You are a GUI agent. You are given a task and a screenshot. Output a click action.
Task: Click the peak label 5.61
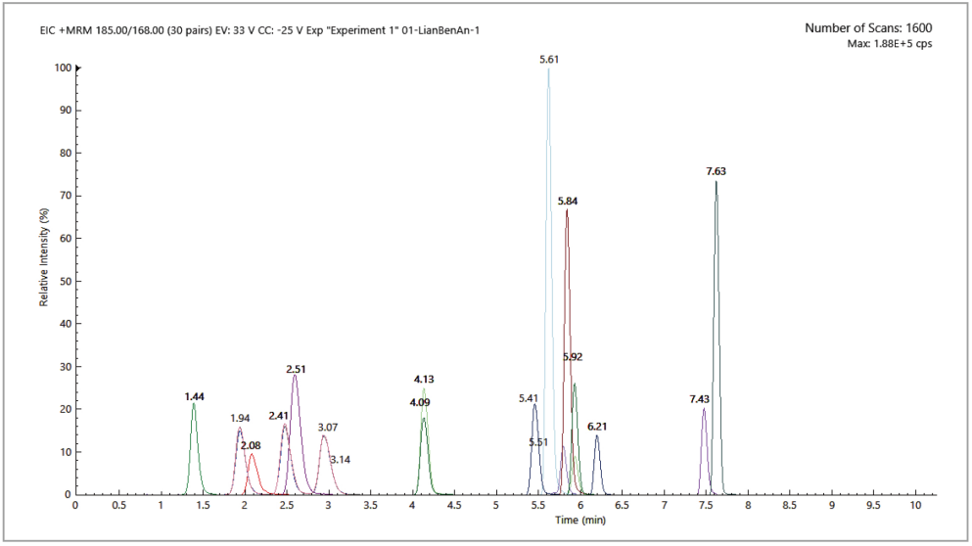click(548, 60)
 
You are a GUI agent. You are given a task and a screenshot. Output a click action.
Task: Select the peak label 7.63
click(717, 172)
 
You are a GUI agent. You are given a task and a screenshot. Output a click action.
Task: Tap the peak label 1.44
click(194, 397)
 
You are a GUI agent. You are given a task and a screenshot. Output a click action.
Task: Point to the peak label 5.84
click(568, 202)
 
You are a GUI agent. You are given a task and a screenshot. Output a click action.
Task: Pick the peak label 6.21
click(597, 428)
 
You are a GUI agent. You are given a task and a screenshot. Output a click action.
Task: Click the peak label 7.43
click(700, 399)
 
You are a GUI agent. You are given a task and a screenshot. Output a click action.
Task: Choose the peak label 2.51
click(297, 369)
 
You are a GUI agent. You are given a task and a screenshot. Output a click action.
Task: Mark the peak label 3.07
click(328, 428)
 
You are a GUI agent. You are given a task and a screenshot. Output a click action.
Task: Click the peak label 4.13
click(424, 379)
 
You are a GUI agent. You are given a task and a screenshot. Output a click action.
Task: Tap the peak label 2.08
click(251, 446)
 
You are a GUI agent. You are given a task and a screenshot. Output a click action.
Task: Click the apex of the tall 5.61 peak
click(549, 68)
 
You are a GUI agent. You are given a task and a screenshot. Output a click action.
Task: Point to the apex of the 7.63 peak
click(717, 182)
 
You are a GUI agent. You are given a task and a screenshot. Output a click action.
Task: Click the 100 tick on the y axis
click(64, 68)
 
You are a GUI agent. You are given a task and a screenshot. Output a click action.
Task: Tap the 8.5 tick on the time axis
click(790, 505)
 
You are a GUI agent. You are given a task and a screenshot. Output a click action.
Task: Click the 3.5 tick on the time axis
click(370, 505)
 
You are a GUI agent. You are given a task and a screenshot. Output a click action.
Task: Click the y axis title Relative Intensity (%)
click(44, 257)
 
